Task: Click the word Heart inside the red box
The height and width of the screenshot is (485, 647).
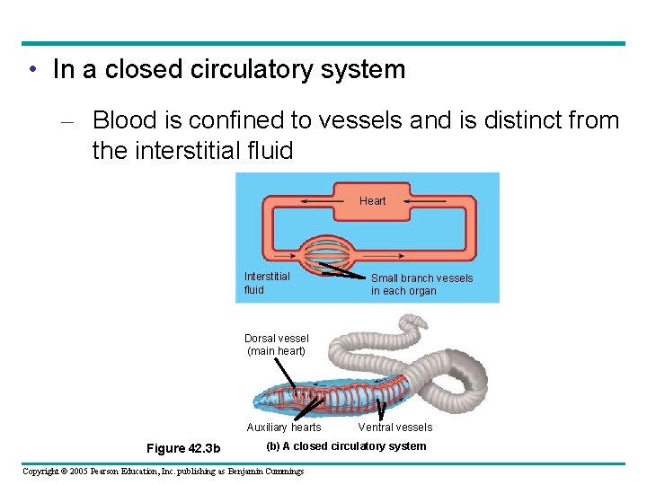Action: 372,201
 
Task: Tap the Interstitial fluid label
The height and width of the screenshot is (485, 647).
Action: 266,283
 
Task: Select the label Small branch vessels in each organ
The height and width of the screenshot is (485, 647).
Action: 421,285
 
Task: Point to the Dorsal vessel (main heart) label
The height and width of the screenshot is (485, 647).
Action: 276,345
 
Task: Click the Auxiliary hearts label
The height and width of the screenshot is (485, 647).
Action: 283,428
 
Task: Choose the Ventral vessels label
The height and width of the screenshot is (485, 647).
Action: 394,428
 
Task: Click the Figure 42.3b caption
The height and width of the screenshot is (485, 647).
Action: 177,448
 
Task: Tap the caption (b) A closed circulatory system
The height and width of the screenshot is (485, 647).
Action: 346,446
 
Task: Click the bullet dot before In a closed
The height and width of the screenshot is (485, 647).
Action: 31,70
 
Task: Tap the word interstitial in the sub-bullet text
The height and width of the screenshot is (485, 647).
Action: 194,151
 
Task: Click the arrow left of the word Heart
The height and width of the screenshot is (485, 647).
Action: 315,201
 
